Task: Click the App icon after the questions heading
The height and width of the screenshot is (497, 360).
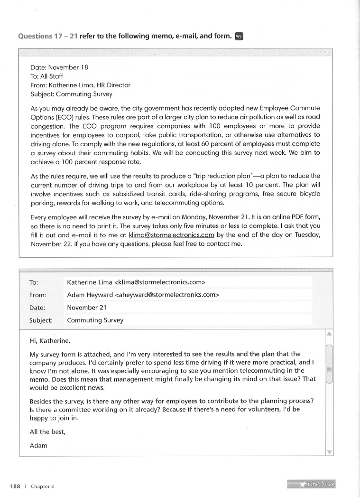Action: pyautogui.click(x=239, y=37)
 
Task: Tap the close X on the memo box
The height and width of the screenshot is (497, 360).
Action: pyautogui.click(x=325, y=52)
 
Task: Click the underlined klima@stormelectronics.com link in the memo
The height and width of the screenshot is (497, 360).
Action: pyautogui.click(x=172, y=235)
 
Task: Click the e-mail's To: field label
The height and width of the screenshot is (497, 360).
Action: pyautogui.click(x=34, y=282)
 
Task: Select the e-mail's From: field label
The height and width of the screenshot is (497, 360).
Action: pyautogui.click(x=37, y=295)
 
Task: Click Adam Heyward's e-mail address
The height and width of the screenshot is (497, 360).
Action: pyautogui.click(x=167, y=295)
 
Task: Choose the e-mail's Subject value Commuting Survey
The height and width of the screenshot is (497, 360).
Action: pyautogui.click(x=95, y=320)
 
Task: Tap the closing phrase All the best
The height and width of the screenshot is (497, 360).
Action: pyautogui.click(x=46, y=432)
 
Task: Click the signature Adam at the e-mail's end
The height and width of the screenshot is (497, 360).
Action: pyautogui.click(x=38, y=445)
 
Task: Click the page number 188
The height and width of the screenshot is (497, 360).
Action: pyautogui.click(x=15, y=486)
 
